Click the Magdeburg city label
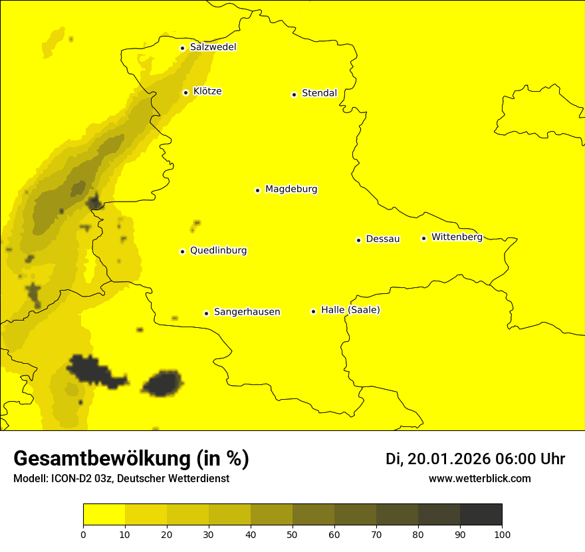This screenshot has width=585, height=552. tap(291, 190)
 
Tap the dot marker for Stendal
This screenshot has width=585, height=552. tap(294, 94)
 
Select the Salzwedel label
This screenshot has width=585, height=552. tap(213, 47)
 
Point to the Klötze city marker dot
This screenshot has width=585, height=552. tap(185, 92)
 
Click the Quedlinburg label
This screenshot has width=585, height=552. tap(218, 251)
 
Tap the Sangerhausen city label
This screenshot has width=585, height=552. tap(247, 312)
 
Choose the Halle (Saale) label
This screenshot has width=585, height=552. tap(350, 310)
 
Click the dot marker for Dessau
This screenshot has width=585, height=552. tap(358, 240)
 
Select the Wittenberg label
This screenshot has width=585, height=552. tap(457, 237)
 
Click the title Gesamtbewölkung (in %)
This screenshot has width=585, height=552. tap(131, 459)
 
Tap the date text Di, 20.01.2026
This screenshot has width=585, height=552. tap(438, 459)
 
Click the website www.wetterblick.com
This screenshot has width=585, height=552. tap(479, 479)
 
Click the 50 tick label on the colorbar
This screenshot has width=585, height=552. tap(292, 534)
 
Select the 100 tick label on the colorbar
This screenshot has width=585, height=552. tap(502, 534)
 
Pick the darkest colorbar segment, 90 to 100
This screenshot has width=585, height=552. tap(481, 515)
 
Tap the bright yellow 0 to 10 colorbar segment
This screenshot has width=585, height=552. tap(104, 515)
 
